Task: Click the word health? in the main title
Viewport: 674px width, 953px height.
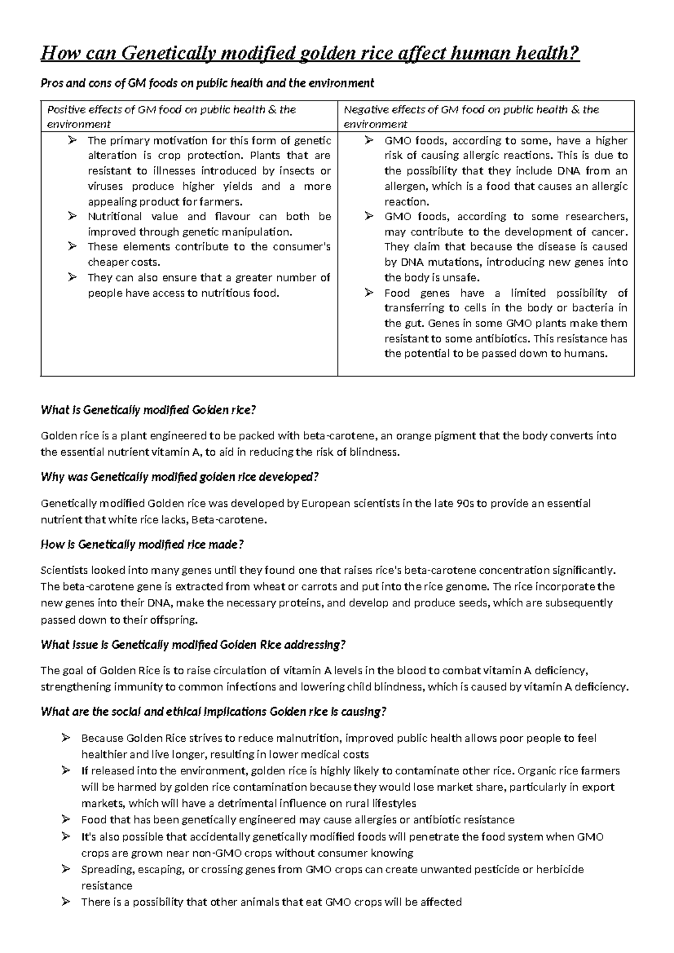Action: pos(545,53)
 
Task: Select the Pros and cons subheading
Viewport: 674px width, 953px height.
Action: pos(207,83)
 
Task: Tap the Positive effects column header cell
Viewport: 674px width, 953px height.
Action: pos(189,116)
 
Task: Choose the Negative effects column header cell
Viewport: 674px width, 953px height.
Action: pos(485,116)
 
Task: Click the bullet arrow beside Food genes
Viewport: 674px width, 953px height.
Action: pos(368,292)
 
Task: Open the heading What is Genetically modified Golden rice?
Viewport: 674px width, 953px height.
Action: pos(148,410)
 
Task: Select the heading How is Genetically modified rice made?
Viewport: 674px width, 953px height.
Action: pos(142,544)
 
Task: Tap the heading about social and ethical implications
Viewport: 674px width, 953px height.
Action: pos(213,712)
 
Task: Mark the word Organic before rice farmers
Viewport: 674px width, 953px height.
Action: pos(538,770)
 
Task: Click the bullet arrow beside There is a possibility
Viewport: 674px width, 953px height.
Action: pos(66,902)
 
